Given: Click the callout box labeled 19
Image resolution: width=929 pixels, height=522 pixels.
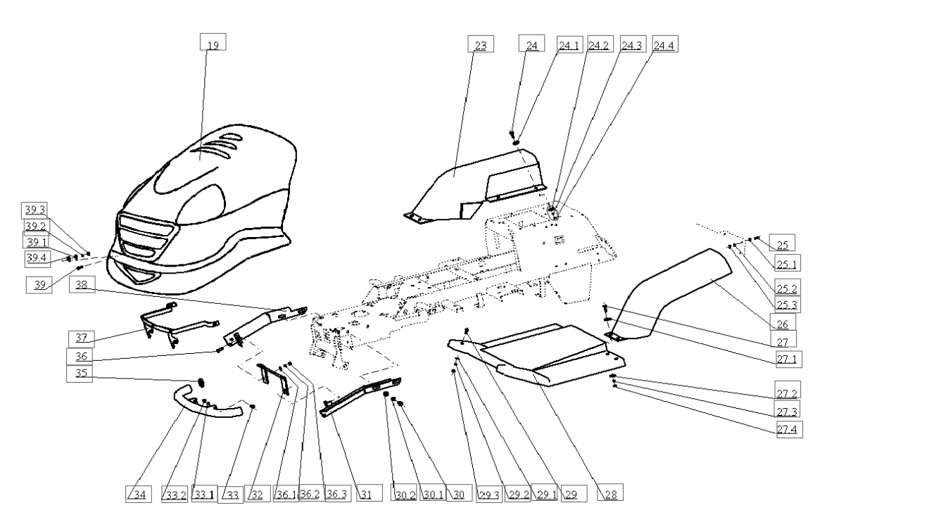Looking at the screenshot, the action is click(x=213, y=42).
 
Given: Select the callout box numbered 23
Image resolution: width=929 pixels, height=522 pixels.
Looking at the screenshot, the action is click(x=481, y=44).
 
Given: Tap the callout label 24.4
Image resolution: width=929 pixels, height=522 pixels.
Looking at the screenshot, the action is click(x=665, y=44).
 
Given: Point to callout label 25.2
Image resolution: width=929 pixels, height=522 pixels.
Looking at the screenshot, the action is click(x=787, y=287).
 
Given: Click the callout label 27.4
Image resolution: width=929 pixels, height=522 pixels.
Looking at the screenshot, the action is click(x=789, y=429).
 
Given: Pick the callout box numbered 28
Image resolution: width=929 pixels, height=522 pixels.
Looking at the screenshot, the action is click(x=610, y=492).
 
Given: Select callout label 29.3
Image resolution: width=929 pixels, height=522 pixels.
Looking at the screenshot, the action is click(x=489, y=493).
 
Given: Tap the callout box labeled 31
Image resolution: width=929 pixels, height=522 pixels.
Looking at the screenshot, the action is click(x=369, y=493).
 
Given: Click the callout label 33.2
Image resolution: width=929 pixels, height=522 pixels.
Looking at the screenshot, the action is click(x=175, y=494).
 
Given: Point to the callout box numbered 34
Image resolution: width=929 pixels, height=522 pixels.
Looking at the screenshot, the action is click(x=139, y=495).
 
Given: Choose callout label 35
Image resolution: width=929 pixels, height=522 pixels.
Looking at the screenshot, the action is click(x=80, y=374).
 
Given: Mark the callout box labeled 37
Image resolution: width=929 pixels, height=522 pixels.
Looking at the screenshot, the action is click(x=82, y=339).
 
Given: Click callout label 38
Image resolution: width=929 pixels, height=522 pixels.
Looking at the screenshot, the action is click(x=82, y=284).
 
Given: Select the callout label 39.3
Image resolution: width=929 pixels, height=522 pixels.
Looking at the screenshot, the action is click(x=34, y=210).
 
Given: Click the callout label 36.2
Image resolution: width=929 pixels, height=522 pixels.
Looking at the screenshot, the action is click(x=312, y=493).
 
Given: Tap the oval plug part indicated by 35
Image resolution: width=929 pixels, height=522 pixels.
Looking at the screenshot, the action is click(x=201, y=382).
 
